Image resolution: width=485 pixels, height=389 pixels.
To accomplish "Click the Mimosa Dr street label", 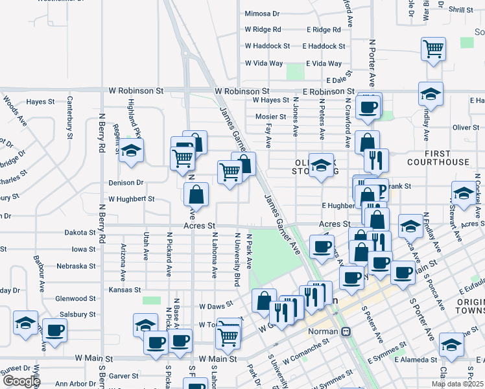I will click(262, 13).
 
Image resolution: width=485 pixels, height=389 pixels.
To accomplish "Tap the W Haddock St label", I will click(267, 46).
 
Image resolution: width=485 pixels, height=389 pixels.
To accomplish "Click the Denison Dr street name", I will click(125, 183).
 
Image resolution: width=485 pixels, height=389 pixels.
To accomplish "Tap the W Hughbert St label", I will click(132, 199).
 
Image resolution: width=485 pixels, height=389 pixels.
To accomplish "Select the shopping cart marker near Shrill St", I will click(434, 49).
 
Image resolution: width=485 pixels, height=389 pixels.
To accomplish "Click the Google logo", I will click(22, 381).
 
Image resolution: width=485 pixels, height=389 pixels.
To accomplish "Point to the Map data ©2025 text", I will click(457, 384).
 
